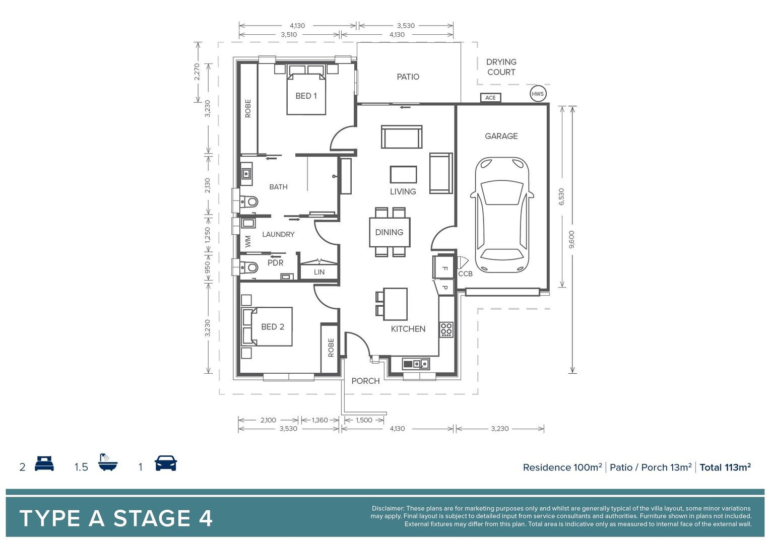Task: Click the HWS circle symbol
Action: tap(538, 94)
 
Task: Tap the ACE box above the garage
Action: tap(490, 98)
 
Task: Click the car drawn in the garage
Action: tap(502, 215)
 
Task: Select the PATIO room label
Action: tap(408, 77)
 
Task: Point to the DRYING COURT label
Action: tap(501, 67)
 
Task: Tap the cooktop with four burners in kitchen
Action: tap(446, 329)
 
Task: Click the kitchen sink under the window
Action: tap(416, 363)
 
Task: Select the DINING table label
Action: tap(389, 232)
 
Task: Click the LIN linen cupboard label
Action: tap(319, 272)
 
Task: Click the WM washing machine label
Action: tap(247, 241)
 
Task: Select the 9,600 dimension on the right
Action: tap(571, 239)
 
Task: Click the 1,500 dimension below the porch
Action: tap(364, 420)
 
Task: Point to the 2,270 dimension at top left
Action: tap(197, 72)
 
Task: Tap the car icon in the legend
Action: tap(166, 463)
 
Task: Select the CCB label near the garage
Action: tap(465, 274)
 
